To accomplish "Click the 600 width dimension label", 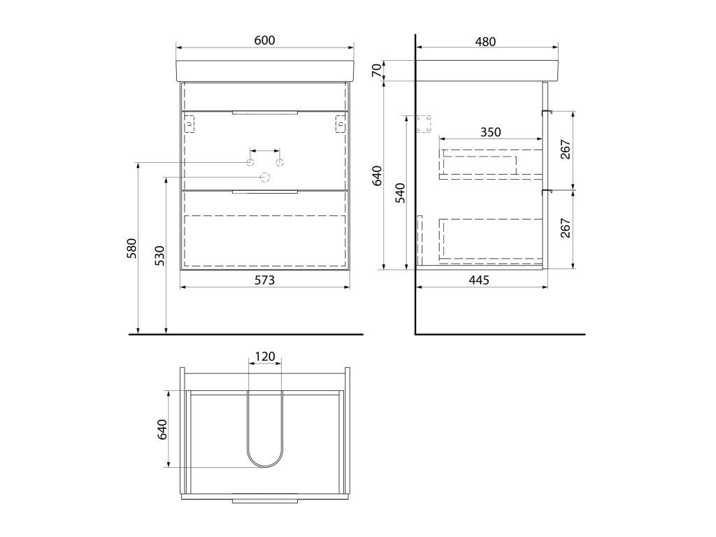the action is [264, 40].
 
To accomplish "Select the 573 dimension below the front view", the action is [264, 280].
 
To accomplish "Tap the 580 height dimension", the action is [131, 248].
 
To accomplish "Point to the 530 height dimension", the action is [159, 256].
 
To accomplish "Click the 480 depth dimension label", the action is [485, 41].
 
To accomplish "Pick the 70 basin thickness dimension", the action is [376, 71].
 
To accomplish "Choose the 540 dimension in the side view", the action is [399, 193].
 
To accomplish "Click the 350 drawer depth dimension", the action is [490, 132].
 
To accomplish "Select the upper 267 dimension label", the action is [565, 150].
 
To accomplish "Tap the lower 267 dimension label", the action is [565, 228].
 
